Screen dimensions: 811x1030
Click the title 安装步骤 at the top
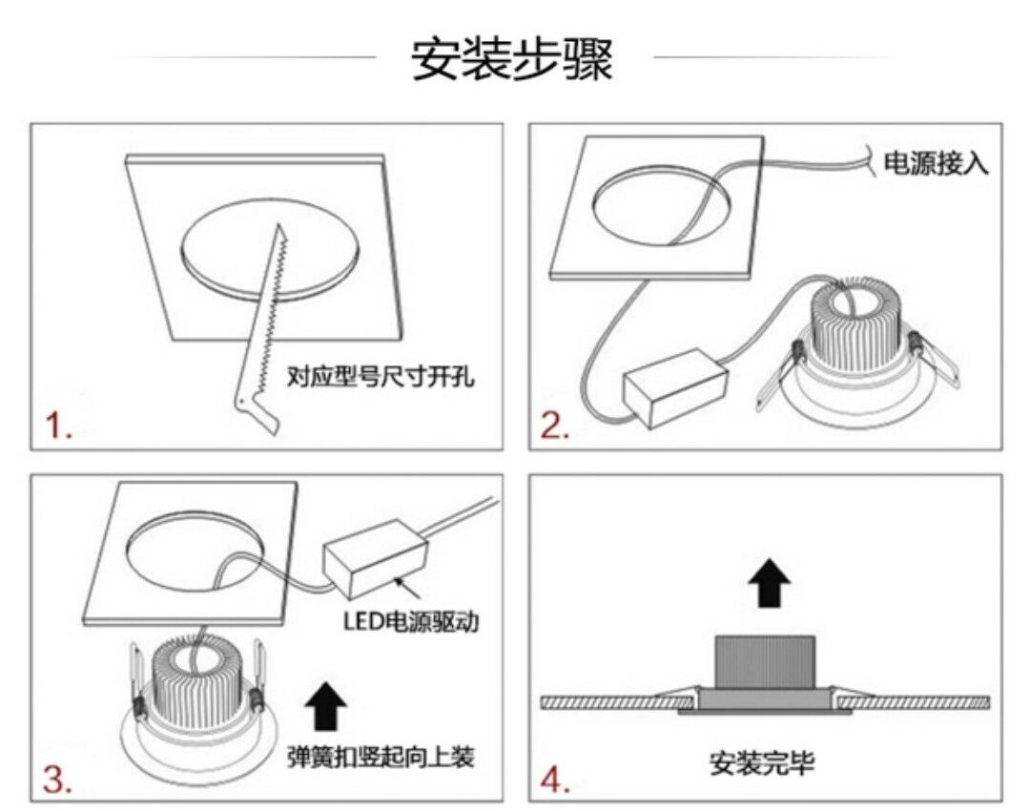(513, 59)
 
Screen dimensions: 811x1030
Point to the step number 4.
(555, 780)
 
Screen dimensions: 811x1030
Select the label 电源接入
(936, 163)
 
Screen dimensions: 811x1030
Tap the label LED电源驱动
(411, 622)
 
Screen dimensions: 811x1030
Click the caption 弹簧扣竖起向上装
(381, 759)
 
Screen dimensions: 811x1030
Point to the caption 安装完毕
(763, 762)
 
